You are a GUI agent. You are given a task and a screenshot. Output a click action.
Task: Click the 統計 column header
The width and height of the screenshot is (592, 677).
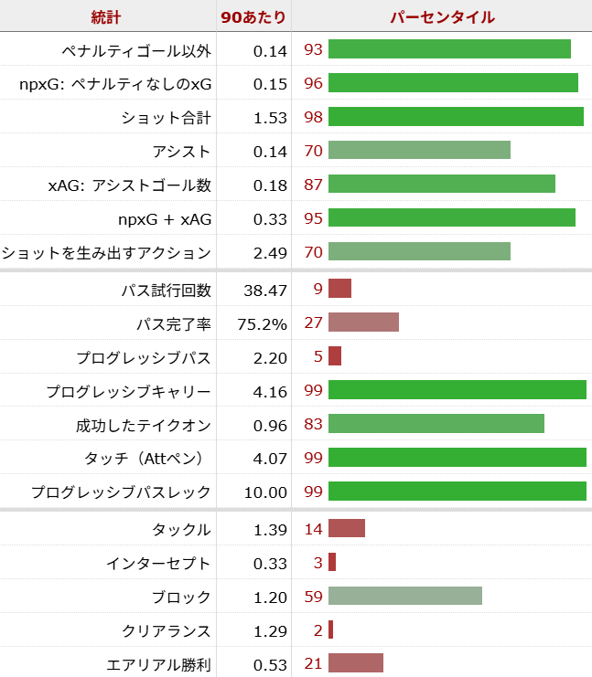coord(106,17)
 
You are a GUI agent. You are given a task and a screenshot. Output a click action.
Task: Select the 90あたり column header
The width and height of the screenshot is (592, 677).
coord(254,17)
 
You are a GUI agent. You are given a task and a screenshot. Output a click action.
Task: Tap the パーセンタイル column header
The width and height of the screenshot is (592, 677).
coord(442,17)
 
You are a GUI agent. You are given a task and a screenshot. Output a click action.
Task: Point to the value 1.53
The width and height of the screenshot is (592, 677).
coord(270,117)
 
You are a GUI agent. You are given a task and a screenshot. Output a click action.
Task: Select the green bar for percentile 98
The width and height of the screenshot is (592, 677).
coord(456,117)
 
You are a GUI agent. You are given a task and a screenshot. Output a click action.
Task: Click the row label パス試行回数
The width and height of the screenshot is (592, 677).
coord(166,290)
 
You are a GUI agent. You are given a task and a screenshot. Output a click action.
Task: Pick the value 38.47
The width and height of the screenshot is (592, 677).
coord(265,290)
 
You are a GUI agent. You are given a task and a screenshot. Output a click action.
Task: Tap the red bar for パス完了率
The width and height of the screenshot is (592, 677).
coord(363,323)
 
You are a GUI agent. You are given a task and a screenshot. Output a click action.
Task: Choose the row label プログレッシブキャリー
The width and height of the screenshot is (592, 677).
coord(129,391)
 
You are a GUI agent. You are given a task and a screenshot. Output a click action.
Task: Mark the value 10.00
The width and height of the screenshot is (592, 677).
coord(265,492)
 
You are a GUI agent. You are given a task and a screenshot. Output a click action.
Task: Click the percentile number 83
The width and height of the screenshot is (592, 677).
coord(313,424)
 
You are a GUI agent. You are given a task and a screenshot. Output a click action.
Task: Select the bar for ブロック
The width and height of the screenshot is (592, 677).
coord(405,596)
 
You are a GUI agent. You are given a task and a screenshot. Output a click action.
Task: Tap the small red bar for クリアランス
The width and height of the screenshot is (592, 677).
coord(330,629)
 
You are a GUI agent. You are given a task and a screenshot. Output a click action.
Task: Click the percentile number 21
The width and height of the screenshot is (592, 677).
coord(313,663)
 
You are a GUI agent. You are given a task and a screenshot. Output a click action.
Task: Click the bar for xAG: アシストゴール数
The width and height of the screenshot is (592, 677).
coord(442,184)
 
